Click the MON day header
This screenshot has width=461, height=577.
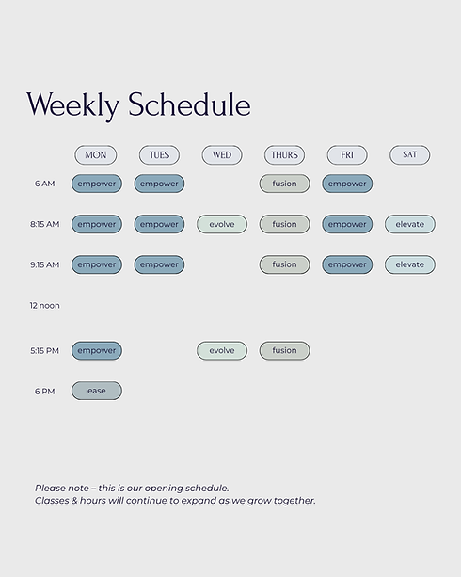click(x=96, y=155)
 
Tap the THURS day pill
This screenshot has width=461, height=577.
click(x=284, y=155)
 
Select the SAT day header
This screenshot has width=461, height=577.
click(x=409, y=154)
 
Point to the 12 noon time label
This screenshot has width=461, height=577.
click(x=44, y=305)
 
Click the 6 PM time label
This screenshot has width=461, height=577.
click(x=45, y=392)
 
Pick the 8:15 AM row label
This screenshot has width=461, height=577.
click(x=44, y=224)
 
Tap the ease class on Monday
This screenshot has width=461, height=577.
click(x=97, y=391)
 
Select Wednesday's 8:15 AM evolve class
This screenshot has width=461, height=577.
click(x=222, y=224)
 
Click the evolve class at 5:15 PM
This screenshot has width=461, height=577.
click(x=222, y=350)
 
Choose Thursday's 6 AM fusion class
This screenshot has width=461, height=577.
click(x=284, y=184)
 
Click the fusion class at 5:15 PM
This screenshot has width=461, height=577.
click(x=284, y=350)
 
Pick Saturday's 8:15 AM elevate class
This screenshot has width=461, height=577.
click(x=410, y=224)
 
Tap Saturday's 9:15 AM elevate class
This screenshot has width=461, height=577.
click(x=410, y=264)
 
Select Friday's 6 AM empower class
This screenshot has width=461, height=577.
click(x=347, y=184)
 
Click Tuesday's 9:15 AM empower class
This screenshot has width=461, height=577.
click(x=159, y=264)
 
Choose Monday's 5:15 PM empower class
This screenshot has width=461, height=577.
click(x=97, y=350)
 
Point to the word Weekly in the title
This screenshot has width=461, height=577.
click(x=72, y=105)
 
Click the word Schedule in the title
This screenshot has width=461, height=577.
click(x=189, y=104)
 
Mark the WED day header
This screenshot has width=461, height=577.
click(x=222, y=155)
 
